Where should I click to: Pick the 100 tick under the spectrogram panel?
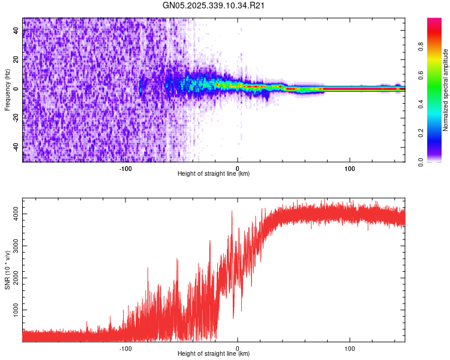coord(349,169)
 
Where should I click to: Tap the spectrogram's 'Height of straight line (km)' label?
coord(214,174)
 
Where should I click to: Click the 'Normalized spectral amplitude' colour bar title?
coord(446,90)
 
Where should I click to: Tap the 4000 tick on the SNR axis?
coord(14,213)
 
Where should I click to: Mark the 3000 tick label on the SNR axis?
coord(14,245)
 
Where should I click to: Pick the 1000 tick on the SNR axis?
coord(14,310)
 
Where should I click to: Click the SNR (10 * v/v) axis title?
coord(7,270)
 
